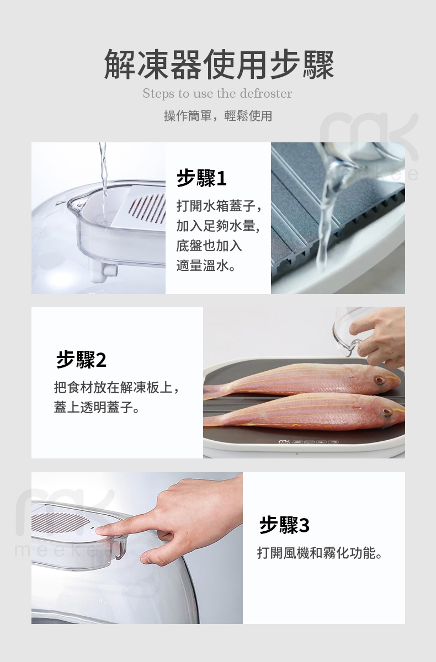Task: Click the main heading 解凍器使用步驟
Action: point(219,65)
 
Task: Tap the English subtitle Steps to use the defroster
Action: point(217,94)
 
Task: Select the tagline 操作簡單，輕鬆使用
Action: point(218,116)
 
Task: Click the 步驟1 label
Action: point(201,178)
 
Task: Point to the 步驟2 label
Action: point(81,359)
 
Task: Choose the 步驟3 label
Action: point(284,525)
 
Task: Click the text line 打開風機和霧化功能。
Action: point(320,553)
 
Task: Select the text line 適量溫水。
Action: point(206,265)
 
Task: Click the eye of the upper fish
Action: point(379,380)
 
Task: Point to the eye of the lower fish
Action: point(386,411)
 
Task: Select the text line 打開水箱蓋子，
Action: point(219,205)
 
